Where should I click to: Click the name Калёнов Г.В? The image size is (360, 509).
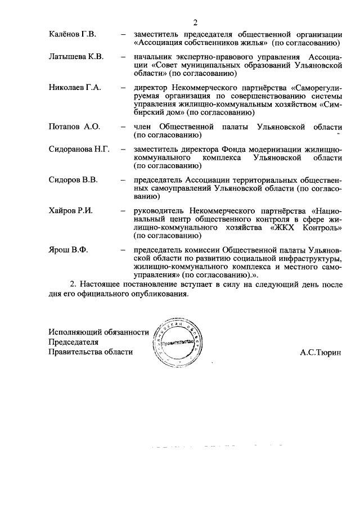73,35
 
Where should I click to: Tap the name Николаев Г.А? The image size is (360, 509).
75,88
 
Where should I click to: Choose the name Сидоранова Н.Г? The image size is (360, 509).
79,150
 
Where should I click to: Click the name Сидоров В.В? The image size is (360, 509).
74,181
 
